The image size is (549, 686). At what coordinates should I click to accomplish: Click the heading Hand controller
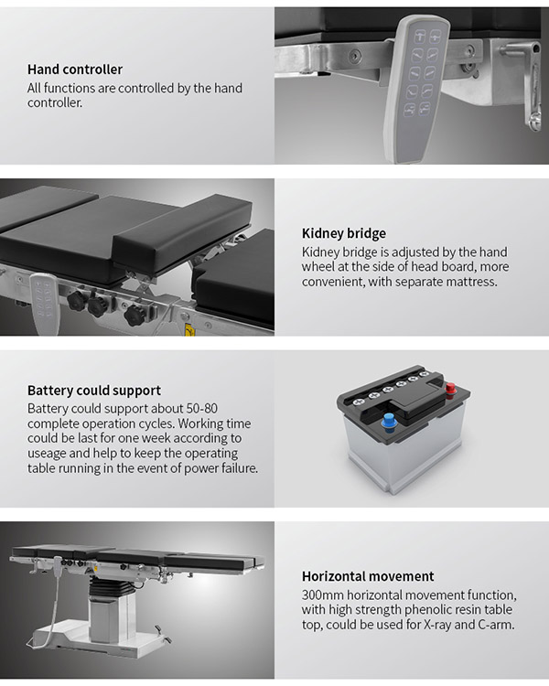click(75, 70)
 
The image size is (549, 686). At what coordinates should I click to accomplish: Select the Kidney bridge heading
click(344, 233)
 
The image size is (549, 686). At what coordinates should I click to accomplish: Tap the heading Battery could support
click(94, 391)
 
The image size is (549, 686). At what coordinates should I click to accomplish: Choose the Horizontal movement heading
click(368, 576)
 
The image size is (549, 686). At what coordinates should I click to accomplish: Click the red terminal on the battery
click(450, 388)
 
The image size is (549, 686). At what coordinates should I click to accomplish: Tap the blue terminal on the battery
click(388, 422)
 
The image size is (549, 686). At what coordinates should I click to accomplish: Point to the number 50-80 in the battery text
click(202, 408)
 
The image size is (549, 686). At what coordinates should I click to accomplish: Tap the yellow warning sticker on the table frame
click(189, 330)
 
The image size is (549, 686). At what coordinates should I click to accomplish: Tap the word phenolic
click(428, 610)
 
